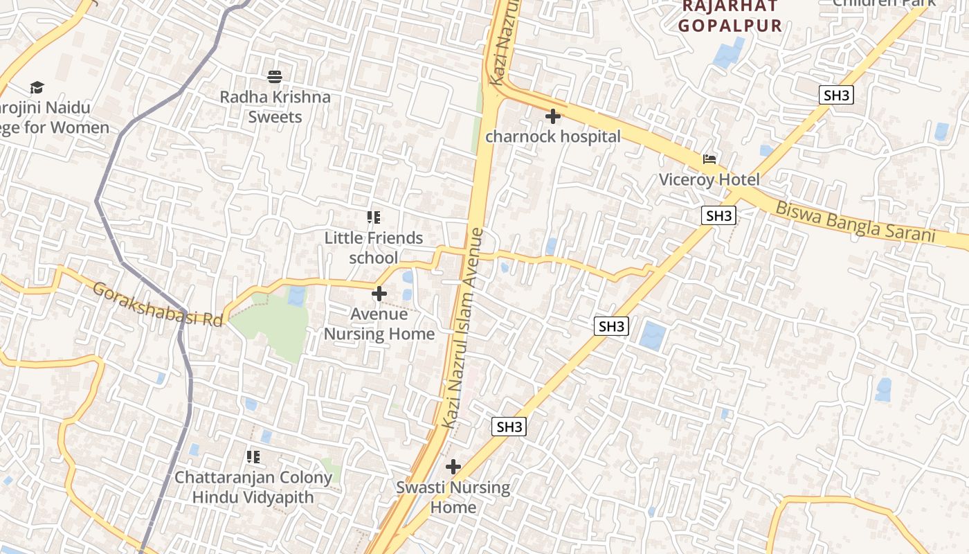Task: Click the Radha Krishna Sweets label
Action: (275, 107)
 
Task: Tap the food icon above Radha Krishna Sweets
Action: (275, 76)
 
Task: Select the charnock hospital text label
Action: (553, 136)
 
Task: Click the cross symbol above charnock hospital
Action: (553, 116)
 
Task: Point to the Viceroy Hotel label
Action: (709, 180)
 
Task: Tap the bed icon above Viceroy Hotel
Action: (709, 159)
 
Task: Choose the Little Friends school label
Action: (374, 248)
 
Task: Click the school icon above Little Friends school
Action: (374, 218)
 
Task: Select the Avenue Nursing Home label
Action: (379, 324)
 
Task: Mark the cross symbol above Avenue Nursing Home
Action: (379, 294)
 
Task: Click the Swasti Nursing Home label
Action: (453, 497)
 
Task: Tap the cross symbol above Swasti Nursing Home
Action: (453, 467)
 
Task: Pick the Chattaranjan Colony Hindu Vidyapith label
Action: (253, 488)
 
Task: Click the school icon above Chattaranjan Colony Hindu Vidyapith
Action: (253, 457)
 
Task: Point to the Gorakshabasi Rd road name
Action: (158, 304)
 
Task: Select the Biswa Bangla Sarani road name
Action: (855, 221)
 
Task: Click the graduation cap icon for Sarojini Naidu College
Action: (37, 87)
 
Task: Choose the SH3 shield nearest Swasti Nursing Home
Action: (509, 427)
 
